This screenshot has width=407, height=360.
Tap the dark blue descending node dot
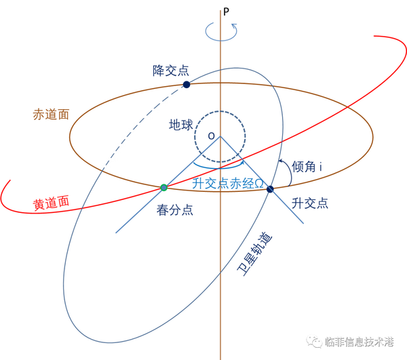(186, 84)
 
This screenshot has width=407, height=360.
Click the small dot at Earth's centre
(212, 136)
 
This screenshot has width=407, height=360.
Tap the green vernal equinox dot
(163, 187)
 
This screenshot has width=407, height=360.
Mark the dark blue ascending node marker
(273, 188)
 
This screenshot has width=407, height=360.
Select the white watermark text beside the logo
(359, 342)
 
